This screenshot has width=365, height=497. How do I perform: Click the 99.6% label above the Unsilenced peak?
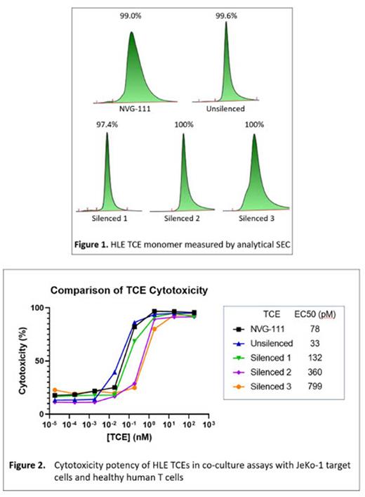coord(227,14)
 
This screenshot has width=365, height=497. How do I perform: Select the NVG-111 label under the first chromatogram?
coord(133,110)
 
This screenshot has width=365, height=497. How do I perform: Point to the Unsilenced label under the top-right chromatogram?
coord(226,110)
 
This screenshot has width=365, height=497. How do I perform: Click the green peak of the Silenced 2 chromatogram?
coord(184,176)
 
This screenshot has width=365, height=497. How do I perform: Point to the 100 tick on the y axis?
coord(39,308)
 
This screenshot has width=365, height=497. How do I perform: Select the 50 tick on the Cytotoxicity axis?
coord(41,361)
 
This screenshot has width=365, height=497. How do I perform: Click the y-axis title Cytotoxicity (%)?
coord(24,361)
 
